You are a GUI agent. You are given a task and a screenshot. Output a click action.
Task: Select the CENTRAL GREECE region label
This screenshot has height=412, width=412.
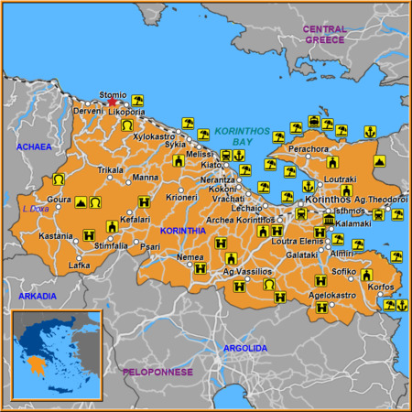click(325, 34)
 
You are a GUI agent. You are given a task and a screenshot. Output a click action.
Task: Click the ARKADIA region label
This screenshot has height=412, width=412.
click(37, 296)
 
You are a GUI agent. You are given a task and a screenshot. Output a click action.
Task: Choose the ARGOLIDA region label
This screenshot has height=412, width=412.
click(245, 348)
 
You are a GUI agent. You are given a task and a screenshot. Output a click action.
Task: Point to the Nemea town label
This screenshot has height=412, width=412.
click(190, 257)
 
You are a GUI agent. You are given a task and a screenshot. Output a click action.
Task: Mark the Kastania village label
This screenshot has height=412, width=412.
click(55, 235)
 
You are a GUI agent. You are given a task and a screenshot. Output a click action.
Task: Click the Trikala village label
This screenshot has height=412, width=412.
click(111, 170)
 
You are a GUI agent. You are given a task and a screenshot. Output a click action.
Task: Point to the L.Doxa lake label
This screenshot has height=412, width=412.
click(35, 208)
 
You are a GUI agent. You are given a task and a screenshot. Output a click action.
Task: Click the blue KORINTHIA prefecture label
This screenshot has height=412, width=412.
click(182, 231)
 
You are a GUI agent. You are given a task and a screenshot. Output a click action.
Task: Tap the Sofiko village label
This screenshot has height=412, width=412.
click(343, 272)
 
